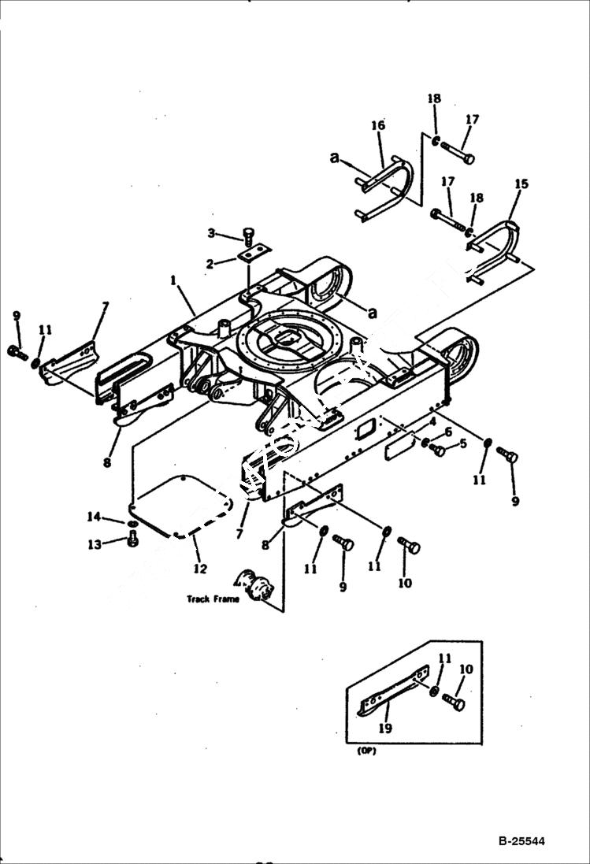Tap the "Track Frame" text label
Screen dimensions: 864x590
point(213,599)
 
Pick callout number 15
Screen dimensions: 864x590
point(521,184)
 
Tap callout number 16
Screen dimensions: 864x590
point(378,126)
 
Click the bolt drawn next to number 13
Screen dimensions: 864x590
point(133,540)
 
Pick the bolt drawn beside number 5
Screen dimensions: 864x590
point(437,450)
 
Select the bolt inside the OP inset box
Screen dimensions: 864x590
point(453,700)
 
